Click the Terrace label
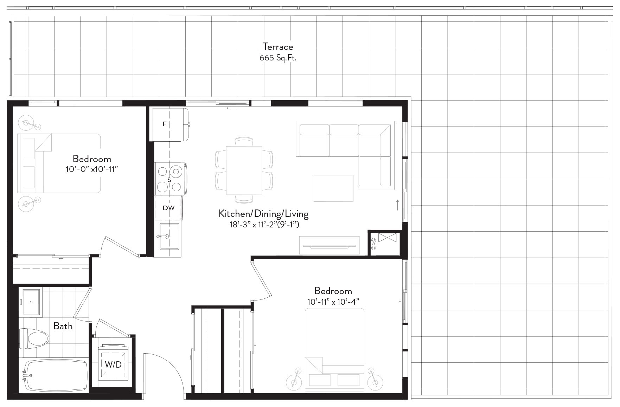pyautogui.click(x=278, y=47)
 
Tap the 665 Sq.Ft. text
pyautogui.click(x=278, y=58)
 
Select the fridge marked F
pyautogui.click(x=169, y=124)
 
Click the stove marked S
pyautogui.click(x=170, y=179)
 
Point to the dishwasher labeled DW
pyautogui.click(x=168, y=208)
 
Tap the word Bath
pyautogui.click(x=63, y=326)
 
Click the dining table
pyautogui.click(x=244, y=170)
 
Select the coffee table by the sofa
pyautogui.click(x=333, y=188)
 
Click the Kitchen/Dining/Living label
pyautogui.click(x=263, y=214)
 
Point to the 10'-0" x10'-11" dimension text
pyautogui.click(x=92, y=169)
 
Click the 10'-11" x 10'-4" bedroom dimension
pyautogui.click(x=333, y=302)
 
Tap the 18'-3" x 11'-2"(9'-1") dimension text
pyautogui.click(x=264, y=224)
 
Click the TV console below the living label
pyautogui.click(x=330, y=245)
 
